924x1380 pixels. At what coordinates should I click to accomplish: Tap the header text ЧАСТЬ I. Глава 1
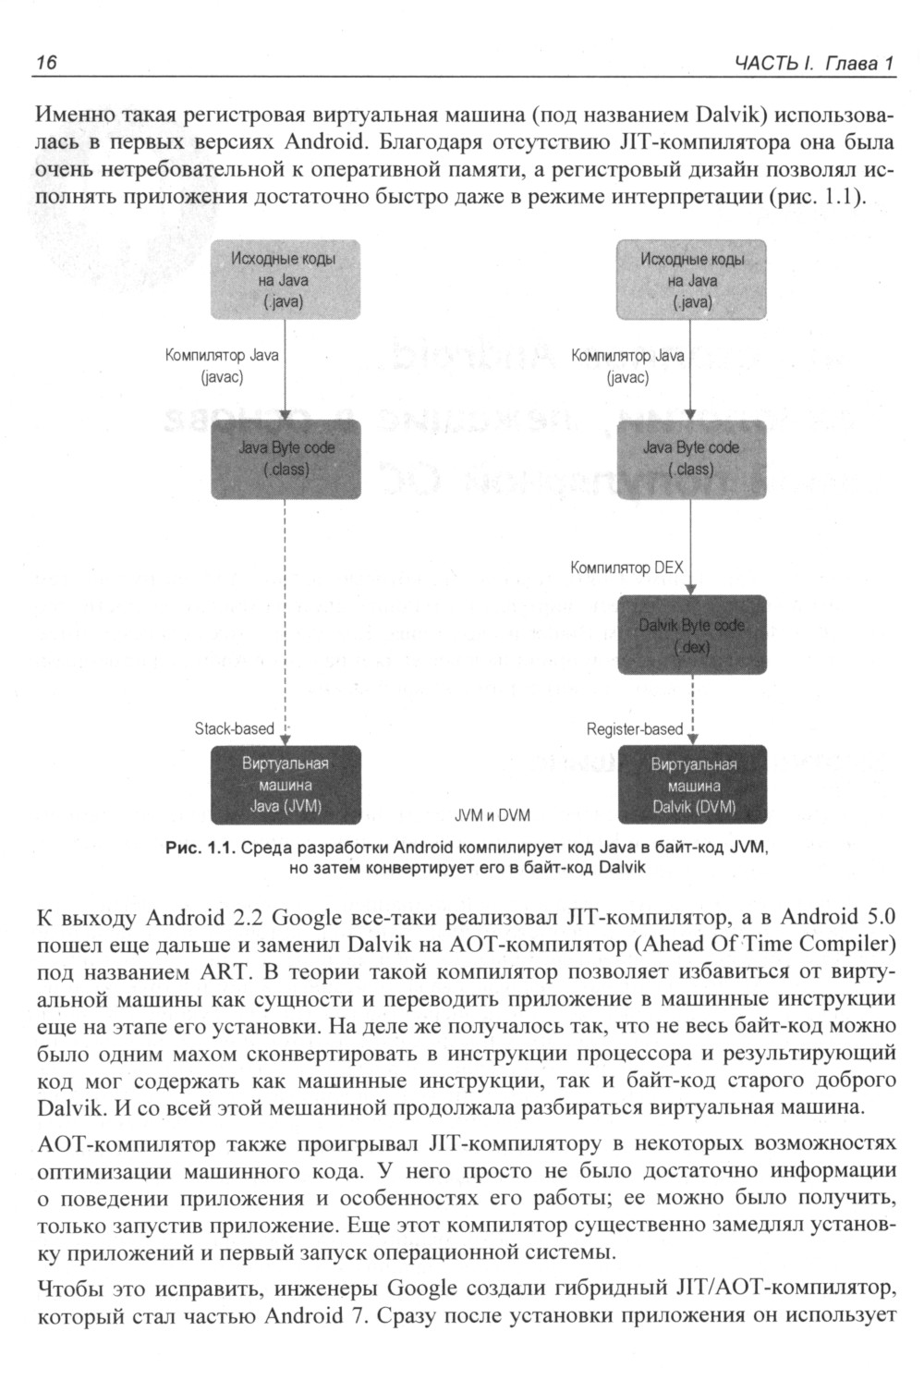814,64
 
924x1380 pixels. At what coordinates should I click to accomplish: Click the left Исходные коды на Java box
286,280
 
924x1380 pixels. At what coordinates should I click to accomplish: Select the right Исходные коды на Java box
691,280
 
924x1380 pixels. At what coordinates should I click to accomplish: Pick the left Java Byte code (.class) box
286,458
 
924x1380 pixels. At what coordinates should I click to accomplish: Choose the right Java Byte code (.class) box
691,458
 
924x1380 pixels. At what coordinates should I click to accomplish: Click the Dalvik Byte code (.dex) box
691,636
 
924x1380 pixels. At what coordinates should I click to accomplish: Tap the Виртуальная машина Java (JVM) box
286,785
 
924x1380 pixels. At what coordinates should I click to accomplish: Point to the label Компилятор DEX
627,568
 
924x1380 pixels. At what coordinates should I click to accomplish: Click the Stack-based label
235,728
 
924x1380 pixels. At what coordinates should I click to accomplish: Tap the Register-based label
635,729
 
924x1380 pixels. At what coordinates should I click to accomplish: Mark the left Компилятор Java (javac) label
222,366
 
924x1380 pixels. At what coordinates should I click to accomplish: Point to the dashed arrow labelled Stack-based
286,619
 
